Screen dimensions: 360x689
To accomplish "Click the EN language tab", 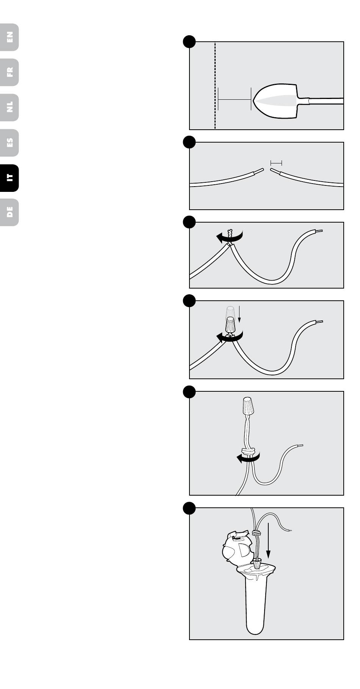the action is pos(9,37).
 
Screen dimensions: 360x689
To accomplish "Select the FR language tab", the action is pos(9,72).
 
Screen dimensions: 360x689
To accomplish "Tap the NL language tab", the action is pos(9,107).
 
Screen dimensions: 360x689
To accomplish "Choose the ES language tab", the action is pos(9,143).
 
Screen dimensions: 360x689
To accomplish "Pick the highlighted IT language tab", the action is pos(9,178).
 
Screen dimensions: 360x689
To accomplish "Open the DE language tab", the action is pos(9,212).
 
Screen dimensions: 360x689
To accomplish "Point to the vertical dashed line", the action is pos(215,85).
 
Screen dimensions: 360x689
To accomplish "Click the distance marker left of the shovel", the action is pos(235,99).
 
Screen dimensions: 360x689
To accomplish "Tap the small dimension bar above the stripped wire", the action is pos(276,163).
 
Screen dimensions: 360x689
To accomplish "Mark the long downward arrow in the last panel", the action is pos(268,540).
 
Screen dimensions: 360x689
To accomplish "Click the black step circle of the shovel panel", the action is pos(189,42).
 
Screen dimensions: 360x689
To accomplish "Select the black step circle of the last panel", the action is pos(189,508).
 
